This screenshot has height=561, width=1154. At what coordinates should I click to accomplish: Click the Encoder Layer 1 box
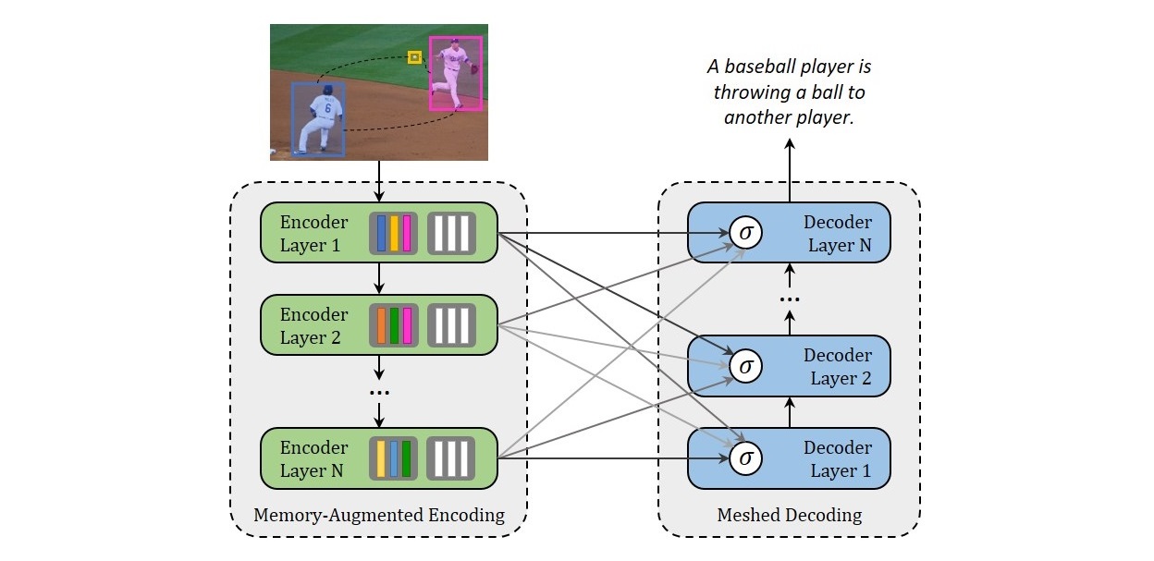click(314, 233)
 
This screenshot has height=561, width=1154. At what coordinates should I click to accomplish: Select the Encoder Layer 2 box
click(314, 325)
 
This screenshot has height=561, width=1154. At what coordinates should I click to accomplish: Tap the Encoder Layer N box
click(314, 458)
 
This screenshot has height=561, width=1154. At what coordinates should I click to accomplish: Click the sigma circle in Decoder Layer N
click(745, 233)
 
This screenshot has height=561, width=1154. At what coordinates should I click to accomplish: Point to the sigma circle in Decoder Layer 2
click(745, 366)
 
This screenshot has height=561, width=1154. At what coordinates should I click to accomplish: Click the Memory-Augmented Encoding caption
click(379, 515)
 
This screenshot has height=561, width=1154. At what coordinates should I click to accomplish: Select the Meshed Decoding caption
click(789, 515)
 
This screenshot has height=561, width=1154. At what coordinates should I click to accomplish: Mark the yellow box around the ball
click(415, 57)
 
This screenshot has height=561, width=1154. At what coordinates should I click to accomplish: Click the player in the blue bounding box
click(319, 118)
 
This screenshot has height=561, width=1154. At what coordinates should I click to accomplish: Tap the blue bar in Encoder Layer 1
click(381, 233)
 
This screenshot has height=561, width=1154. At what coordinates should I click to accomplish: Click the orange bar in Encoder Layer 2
click(381, 325)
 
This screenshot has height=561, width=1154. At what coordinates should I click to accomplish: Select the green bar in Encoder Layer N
click(407, 458)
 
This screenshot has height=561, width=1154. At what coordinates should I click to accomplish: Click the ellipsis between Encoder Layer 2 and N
click(379, 393)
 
